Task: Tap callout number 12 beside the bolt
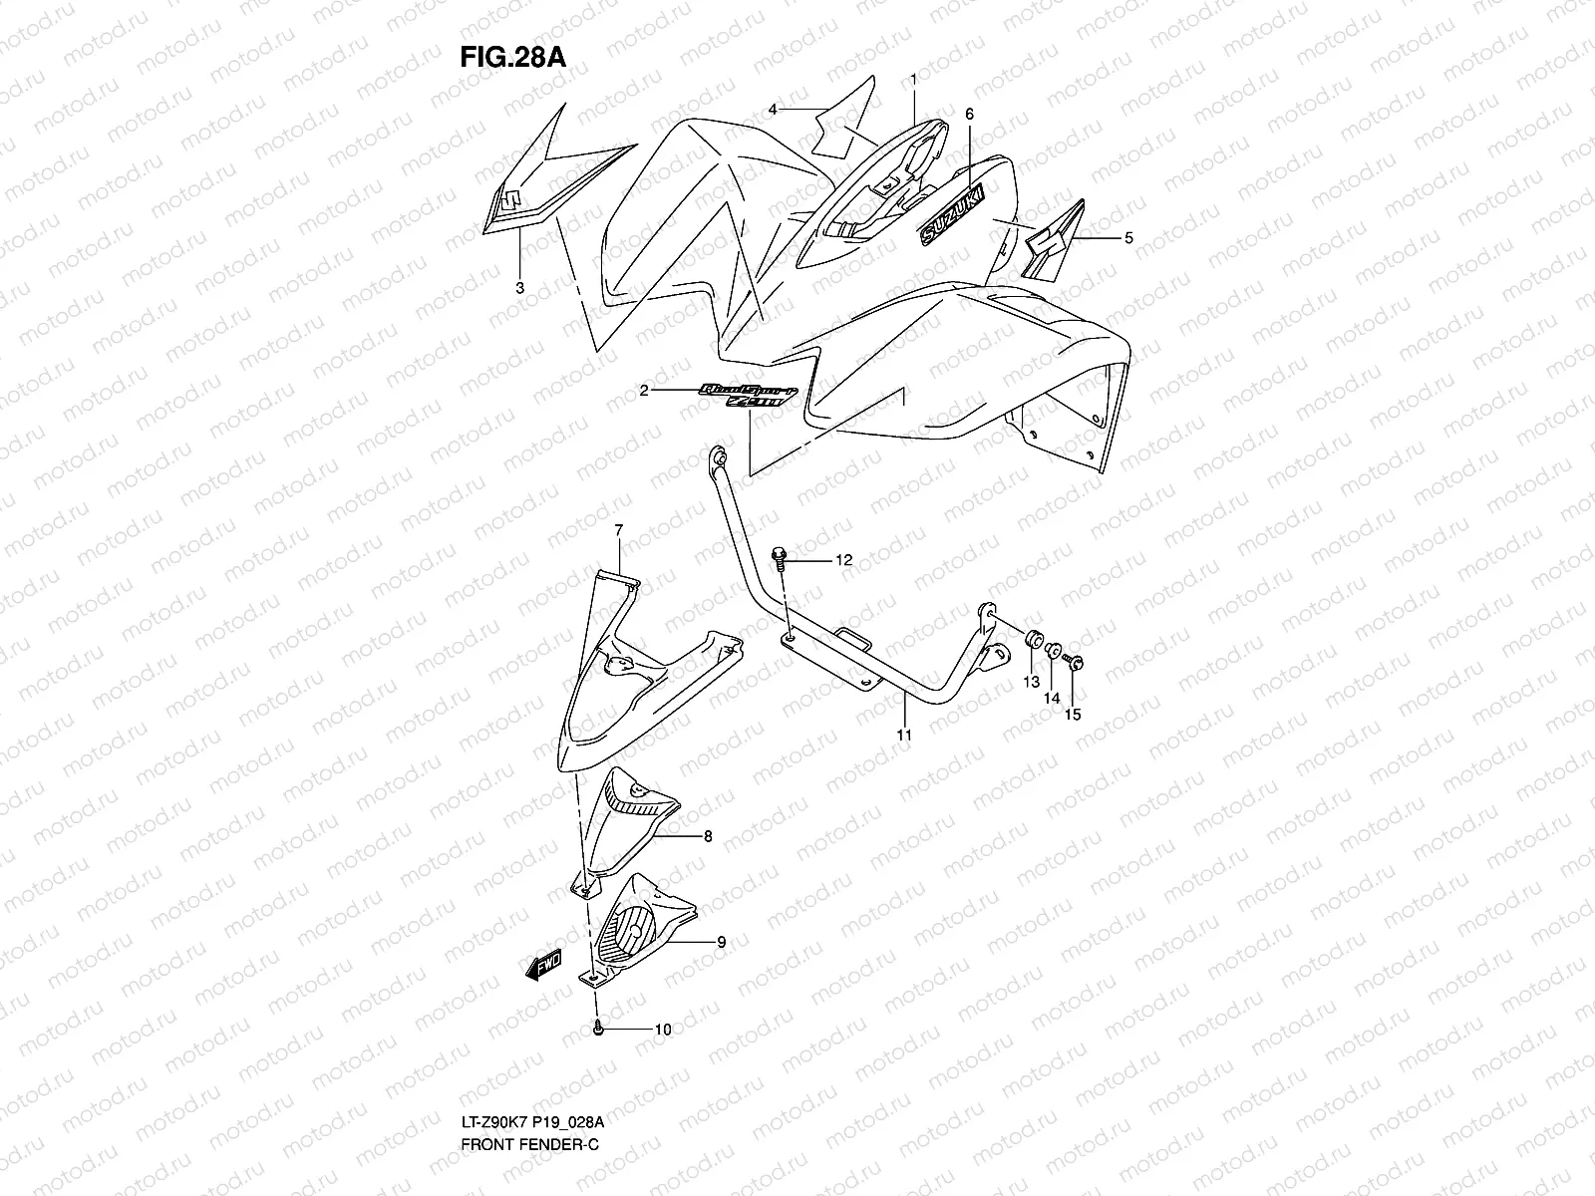click(x=843, y=561)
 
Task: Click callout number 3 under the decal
click(x=519, y=288)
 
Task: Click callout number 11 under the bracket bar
click(x=903, y=735)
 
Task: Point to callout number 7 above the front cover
click(x=618, y=530)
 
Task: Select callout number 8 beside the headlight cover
click(x=708, y=837)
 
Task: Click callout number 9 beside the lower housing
click(x=720, y=941)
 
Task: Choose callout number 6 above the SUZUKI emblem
click(x=968, y=115)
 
